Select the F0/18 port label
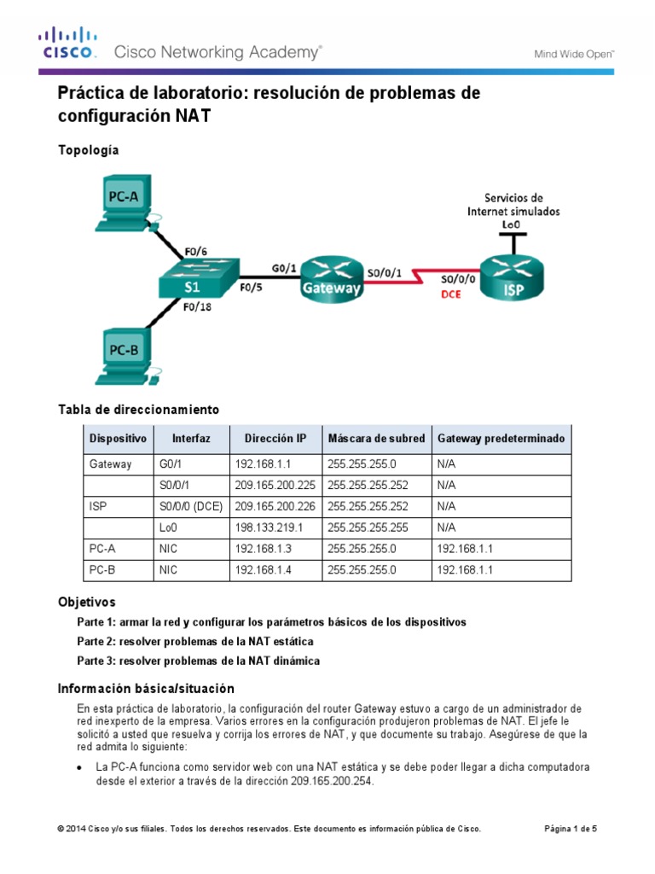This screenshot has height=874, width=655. [x=199, y=307]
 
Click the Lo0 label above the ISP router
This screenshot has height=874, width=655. [x=512, y=224]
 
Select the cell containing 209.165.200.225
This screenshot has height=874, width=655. [x=274, y=486]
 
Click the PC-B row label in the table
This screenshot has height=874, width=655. [x=103, y=571]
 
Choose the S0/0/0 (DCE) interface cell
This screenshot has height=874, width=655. [x=191, y=507]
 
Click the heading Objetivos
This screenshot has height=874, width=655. [x=86, y=602]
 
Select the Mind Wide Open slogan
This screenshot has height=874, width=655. [x=574, y=53]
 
